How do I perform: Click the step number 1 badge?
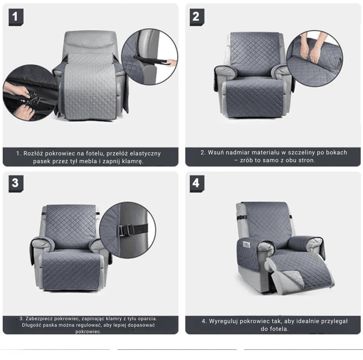[x=16, y=17]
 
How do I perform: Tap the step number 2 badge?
[x=197, y=17]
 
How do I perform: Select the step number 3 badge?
[x=16, y=184]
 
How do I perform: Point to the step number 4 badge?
[x=197, y=184]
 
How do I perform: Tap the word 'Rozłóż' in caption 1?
[x=33, y=153]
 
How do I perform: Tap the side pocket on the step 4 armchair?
[x=247, y=244]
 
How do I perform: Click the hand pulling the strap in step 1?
[x=171, y=62]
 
